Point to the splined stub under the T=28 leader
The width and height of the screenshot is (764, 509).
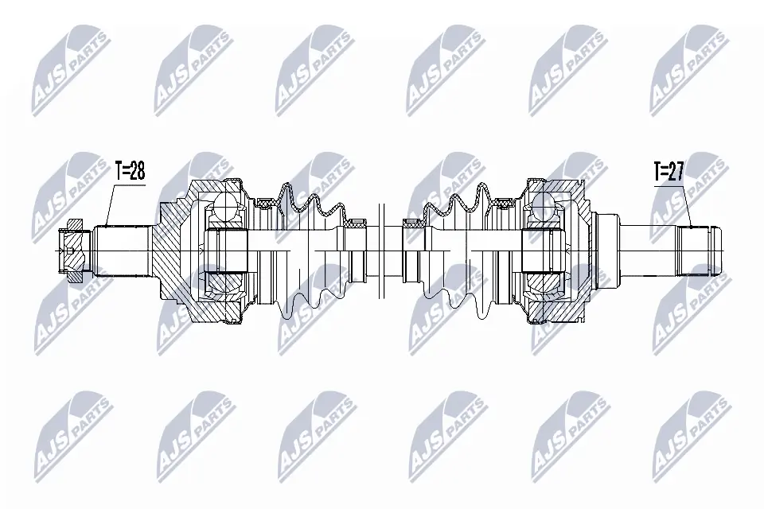[x=123, y=249]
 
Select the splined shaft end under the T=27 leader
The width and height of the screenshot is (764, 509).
[x=700, y=250]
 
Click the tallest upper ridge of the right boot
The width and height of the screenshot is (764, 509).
[x=483, y=192]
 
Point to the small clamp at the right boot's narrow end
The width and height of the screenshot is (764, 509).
[x=411, y=225]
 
